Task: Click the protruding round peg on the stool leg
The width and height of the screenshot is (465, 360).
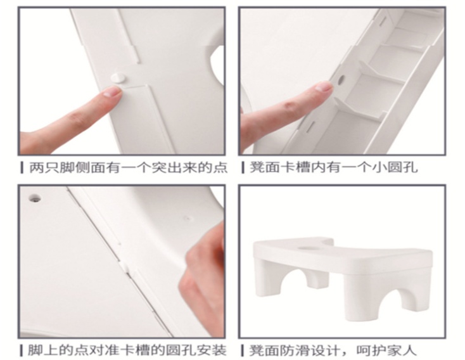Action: [118, 78]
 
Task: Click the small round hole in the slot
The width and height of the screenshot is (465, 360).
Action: [341, 79]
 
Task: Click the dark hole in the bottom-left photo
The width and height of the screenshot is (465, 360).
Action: [35, 197]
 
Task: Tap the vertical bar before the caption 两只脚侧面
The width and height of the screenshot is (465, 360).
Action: [22, 167]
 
